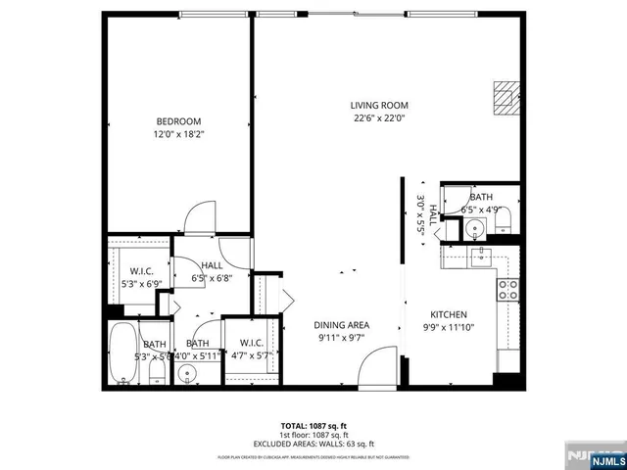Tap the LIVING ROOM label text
(379, 105)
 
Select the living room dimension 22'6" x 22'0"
(379, 117)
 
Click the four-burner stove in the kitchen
(508, 288)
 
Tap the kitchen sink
(480, 258)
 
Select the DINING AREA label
(341, 325)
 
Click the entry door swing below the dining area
(376, 371)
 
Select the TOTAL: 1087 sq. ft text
(314, 426)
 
